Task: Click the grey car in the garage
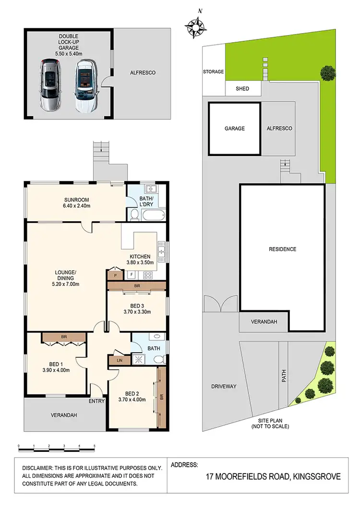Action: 49,85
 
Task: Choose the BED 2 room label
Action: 132,396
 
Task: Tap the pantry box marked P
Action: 115,275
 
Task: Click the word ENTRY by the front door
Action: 96,401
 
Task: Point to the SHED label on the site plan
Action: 243,89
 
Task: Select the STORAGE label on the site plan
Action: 213,72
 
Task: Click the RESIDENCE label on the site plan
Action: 283,249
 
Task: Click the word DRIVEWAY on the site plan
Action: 224,386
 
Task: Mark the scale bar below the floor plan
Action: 57,447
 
